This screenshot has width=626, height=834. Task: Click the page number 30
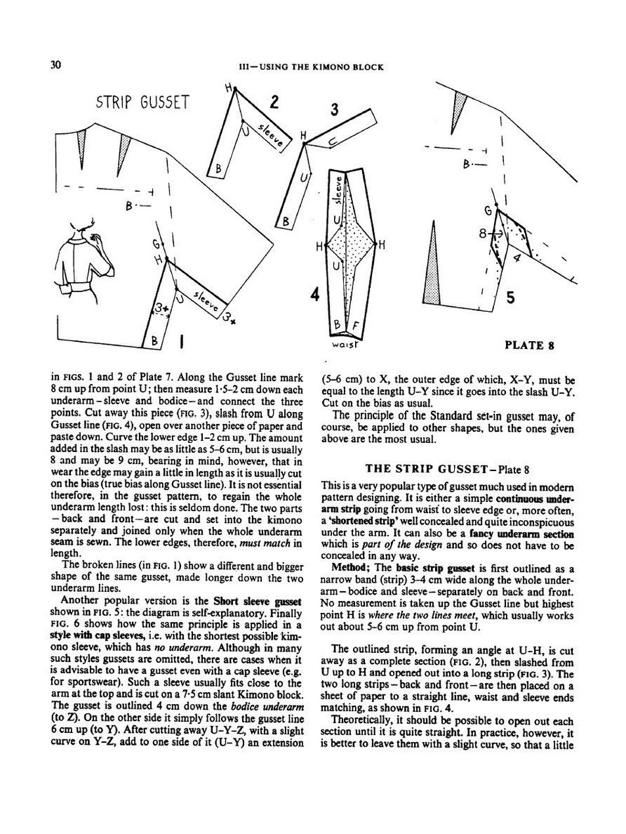pos(56,64)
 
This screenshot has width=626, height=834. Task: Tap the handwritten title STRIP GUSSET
pos(142,102)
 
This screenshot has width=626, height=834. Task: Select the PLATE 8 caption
pos(530,345)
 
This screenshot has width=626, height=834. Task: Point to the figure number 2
pos(274,102)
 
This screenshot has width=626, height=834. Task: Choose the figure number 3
pos(334,110)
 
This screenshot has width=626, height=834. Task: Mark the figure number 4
pos(315,295)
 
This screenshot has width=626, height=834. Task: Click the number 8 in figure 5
pos(482,233)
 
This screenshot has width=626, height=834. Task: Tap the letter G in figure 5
pos(488,211)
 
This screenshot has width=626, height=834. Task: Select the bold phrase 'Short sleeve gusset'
pos(257,600)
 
